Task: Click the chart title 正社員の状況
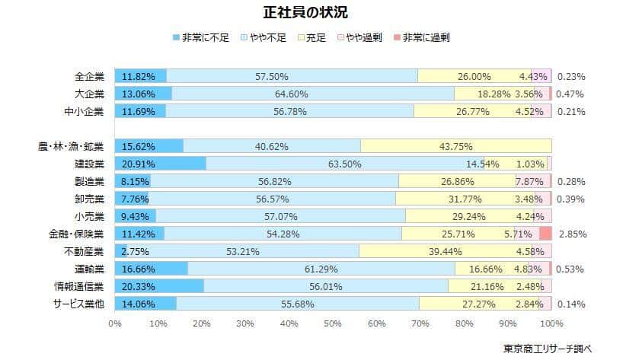(312, 13)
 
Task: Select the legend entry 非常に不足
(203, 37)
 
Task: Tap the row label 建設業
(90, 163)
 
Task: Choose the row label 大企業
(90, 94)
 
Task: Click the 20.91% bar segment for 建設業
(160, 163)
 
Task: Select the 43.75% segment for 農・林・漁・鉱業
(455, 145)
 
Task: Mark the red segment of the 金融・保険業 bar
(545, 234)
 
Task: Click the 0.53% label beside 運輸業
(571, 269)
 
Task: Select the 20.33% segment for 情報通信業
(159, 286)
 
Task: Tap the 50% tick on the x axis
(333, 323)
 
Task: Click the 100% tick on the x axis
(551, 323)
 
